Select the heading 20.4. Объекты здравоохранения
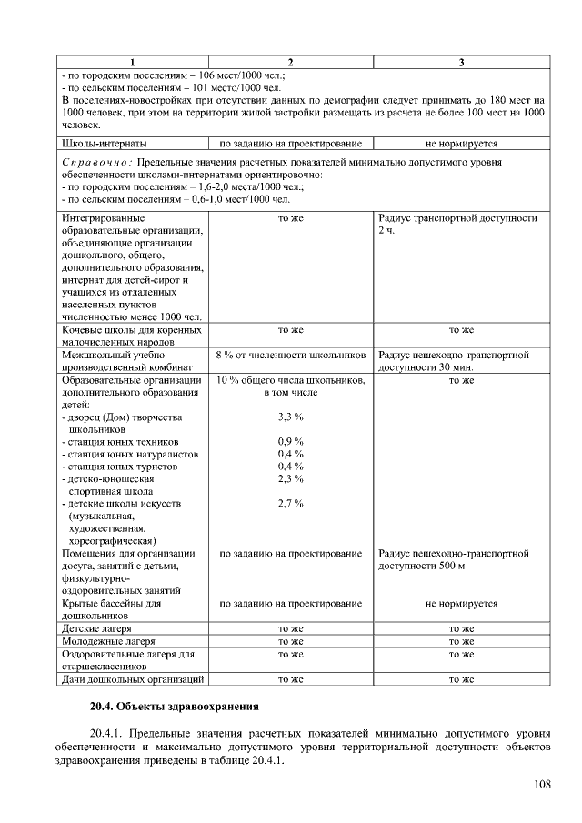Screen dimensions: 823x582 point(174,706)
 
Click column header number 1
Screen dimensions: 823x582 point(132,62)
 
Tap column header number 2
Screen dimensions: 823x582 point(290,62)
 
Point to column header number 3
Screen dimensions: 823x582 point(461,62)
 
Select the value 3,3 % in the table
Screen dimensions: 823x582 point(290,417)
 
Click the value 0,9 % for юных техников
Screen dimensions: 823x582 point(290,442)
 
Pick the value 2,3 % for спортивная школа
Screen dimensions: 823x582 point(290,478)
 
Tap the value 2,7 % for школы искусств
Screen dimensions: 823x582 point(290,503)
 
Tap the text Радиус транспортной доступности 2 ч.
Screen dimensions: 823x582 point(457,225)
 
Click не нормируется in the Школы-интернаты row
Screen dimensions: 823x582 point(461,144)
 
